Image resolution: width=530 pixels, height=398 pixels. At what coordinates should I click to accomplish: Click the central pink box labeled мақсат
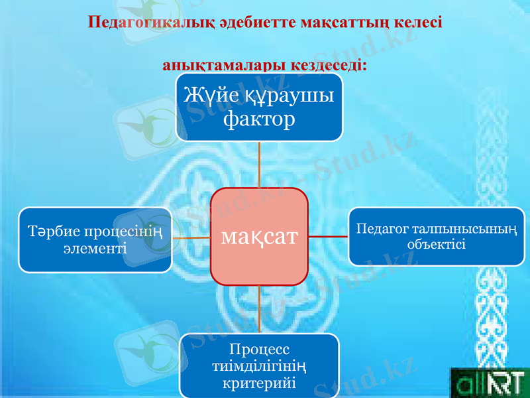tap(259, 236)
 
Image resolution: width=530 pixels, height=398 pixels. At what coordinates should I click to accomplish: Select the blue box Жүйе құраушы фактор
tap(259, 107)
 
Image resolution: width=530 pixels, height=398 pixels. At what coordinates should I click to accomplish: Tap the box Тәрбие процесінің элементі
tap(95, 239)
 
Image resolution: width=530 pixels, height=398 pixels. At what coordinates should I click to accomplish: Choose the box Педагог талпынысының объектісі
tap(437, 236)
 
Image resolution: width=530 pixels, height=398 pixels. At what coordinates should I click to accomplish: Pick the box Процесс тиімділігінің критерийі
tap(259, 366)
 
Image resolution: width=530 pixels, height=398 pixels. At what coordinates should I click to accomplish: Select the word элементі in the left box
tap(95, 248)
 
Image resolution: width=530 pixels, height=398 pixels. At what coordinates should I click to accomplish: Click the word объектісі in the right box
tap(437, 244)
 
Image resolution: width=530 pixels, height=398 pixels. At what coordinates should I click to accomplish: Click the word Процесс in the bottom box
tap(259, 349)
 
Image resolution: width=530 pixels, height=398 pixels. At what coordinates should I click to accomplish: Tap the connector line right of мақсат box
tap(329, 236)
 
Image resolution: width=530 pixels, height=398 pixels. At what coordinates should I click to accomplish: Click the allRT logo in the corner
tap(490, 383)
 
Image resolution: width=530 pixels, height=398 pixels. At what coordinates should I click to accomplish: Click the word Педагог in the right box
tap(382, 229)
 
